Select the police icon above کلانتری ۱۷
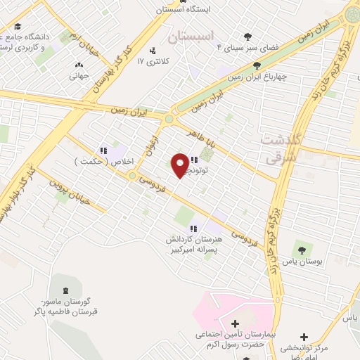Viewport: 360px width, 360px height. click(152, 50)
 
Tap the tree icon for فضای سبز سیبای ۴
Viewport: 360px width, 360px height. click(247, 37)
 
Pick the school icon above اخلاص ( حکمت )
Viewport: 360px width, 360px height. click(103, 150)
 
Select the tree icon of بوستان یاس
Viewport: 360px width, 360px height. click(302, 250)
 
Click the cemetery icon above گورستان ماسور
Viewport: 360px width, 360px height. click(67, 290)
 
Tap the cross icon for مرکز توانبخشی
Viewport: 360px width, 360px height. click(304, 337)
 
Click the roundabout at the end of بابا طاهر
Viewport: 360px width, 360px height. click(168, 119)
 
